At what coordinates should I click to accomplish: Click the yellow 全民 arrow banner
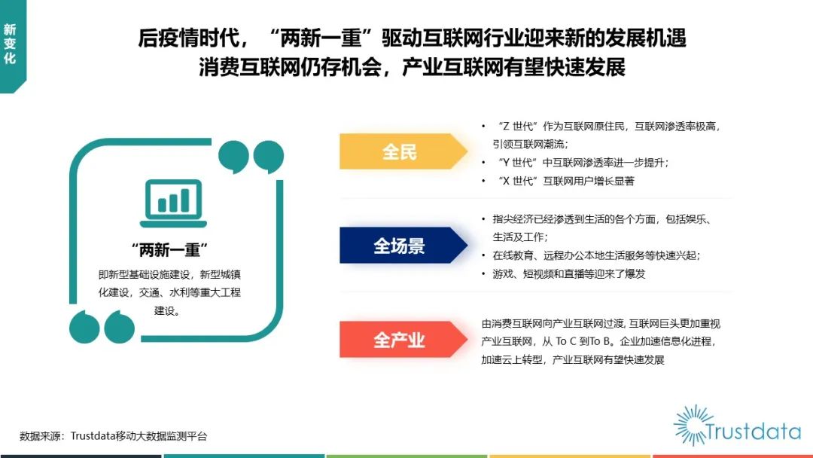[x=403, y=151]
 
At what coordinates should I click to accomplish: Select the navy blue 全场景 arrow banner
[x=403, y=246]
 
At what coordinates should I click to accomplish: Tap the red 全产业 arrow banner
[x=403, y=340]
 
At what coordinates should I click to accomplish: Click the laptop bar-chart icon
[x=173, y=203]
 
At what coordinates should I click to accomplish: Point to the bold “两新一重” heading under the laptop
[x=169, y=250]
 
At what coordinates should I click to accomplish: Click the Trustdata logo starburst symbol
[x=692, y=426]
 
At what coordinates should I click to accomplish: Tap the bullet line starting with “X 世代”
[x=565, y=181]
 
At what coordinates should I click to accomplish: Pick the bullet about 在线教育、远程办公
[x=596, y=255]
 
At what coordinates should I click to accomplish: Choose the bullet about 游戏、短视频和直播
[x=569, y=274]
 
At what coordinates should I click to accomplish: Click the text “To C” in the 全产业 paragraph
[x=566, y=341]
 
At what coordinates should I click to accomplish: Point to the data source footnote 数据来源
[x=113, y=436]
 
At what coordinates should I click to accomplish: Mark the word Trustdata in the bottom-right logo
[x=753, y=432]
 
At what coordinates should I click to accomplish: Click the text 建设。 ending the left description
[x=167, y=310]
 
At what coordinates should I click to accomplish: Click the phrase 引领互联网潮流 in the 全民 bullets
[x=528, y=144]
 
